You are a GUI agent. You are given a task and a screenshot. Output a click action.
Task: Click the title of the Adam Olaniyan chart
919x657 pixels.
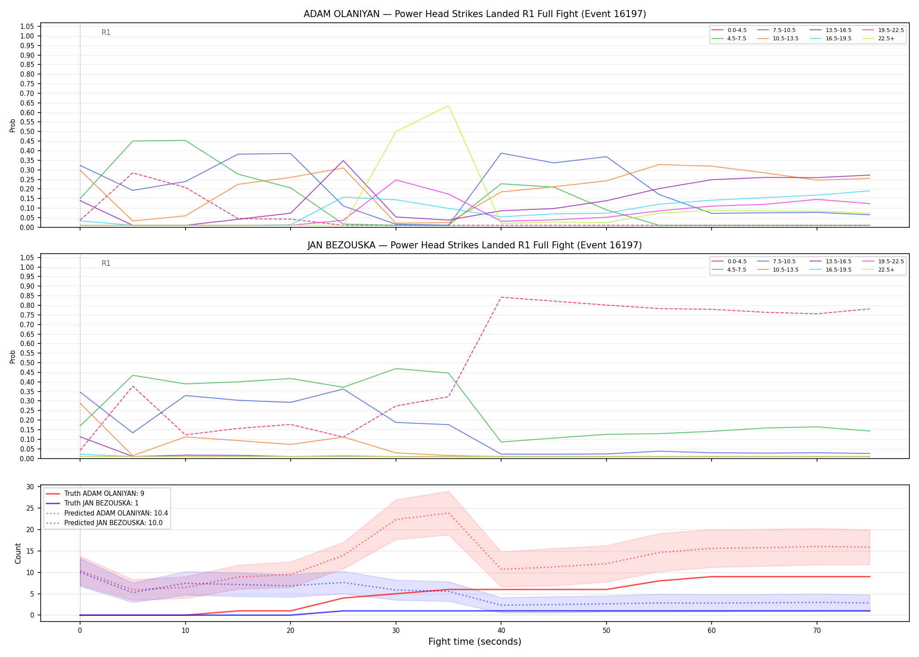click(475, 14)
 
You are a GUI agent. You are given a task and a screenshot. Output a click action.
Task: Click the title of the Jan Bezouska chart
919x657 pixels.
click(475, 245)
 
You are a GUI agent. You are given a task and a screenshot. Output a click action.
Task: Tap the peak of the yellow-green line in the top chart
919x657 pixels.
click(449, 106)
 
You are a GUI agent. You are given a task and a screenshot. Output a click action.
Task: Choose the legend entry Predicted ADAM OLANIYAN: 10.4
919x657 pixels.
click(107, 513)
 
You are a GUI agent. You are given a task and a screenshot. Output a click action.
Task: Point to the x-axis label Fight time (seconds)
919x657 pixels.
click(475, 642)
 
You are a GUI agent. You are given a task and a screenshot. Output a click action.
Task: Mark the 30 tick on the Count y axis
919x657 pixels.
click(30, 487)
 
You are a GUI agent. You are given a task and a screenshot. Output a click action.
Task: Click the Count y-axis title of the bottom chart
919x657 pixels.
click(18, 553)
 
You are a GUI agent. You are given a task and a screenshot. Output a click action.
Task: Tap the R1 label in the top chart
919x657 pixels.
click(106, 32)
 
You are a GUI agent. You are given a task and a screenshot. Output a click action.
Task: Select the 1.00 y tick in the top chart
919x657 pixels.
click(27, 36)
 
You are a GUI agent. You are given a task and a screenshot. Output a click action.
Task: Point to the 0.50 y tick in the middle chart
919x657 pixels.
click(27, 363)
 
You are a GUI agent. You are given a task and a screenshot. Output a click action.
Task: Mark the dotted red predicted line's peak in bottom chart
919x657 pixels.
click(449, 513)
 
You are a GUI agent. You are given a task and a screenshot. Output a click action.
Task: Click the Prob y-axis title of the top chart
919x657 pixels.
click(13, 125)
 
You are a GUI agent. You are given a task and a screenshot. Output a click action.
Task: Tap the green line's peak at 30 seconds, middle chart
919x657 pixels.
click(396, 368)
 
